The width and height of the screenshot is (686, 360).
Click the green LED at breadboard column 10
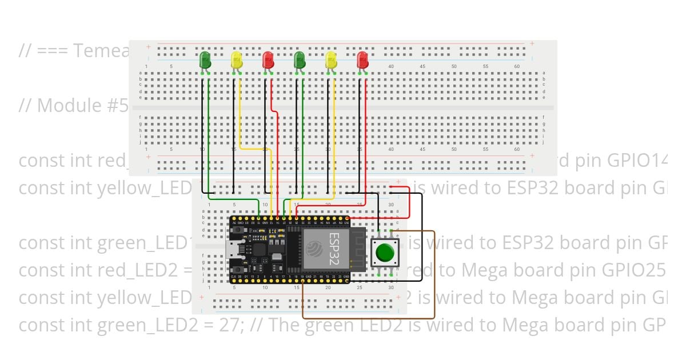point(205,61)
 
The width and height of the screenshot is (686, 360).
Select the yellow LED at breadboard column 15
point(237,61)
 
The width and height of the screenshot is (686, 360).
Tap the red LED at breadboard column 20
point(268,61)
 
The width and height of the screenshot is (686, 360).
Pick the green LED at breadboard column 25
point(299,61)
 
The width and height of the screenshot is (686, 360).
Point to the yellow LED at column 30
point(330,61)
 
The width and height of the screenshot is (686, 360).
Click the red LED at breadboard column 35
point(362,61)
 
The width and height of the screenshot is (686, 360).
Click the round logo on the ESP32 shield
point(314,249)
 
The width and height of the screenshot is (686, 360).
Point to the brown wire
point(434,274)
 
